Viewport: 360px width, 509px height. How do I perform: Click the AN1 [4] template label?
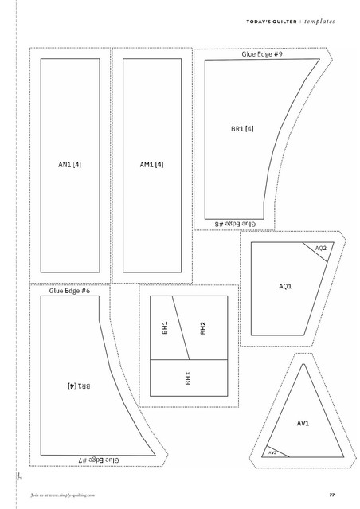coord(69,165)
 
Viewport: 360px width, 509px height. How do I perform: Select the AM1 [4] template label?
coord(151,165)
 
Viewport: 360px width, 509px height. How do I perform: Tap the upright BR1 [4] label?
coord(242,128)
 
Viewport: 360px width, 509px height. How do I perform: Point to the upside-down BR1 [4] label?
coord(79,386)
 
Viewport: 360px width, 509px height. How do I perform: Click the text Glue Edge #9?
coord(262,54)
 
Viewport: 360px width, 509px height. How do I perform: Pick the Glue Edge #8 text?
coord(235,224)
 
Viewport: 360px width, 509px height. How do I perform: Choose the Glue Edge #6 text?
coord(69,291)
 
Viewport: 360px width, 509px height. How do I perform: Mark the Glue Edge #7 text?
coord(99,460)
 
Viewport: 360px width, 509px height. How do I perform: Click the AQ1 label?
coord(285,286)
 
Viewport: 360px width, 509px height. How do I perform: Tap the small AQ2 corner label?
coord(320,249)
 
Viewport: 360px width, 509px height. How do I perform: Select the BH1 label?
coord(165,328)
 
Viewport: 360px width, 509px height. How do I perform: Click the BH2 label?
coord(203,328)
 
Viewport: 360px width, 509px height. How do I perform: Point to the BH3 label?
coord(188,378)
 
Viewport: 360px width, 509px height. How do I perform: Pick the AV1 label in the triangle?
coord(303,423)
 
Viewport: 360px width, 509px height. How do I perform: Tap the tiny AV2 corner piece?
coord(272,452)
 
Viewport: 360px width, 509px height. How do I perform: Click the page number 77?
coord(332,495)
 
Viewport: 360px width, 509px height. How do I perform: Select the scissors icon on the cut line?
coord(18,476)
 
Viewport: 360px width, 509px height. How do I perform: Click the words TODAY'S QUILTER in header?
coord(272,22)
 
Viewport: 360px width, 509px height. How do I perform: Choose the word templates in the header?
coord(319,22)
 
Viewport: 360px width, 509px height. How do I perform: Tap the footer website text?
coord(63,495)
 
